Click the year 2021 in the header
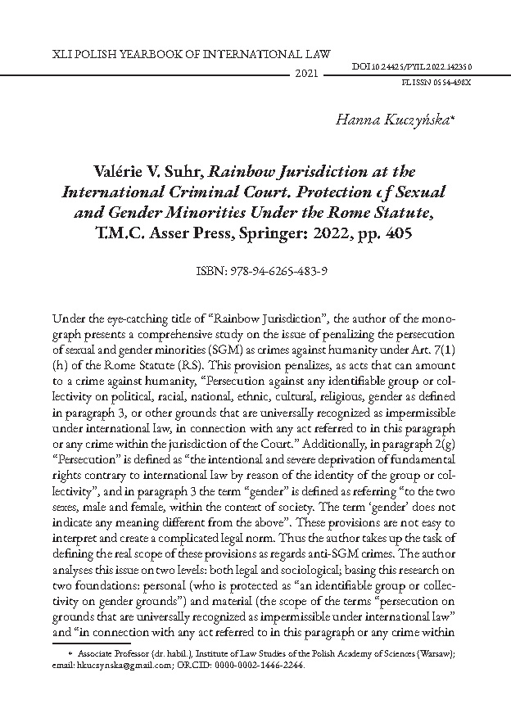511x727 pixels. (x=305, y=74)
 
